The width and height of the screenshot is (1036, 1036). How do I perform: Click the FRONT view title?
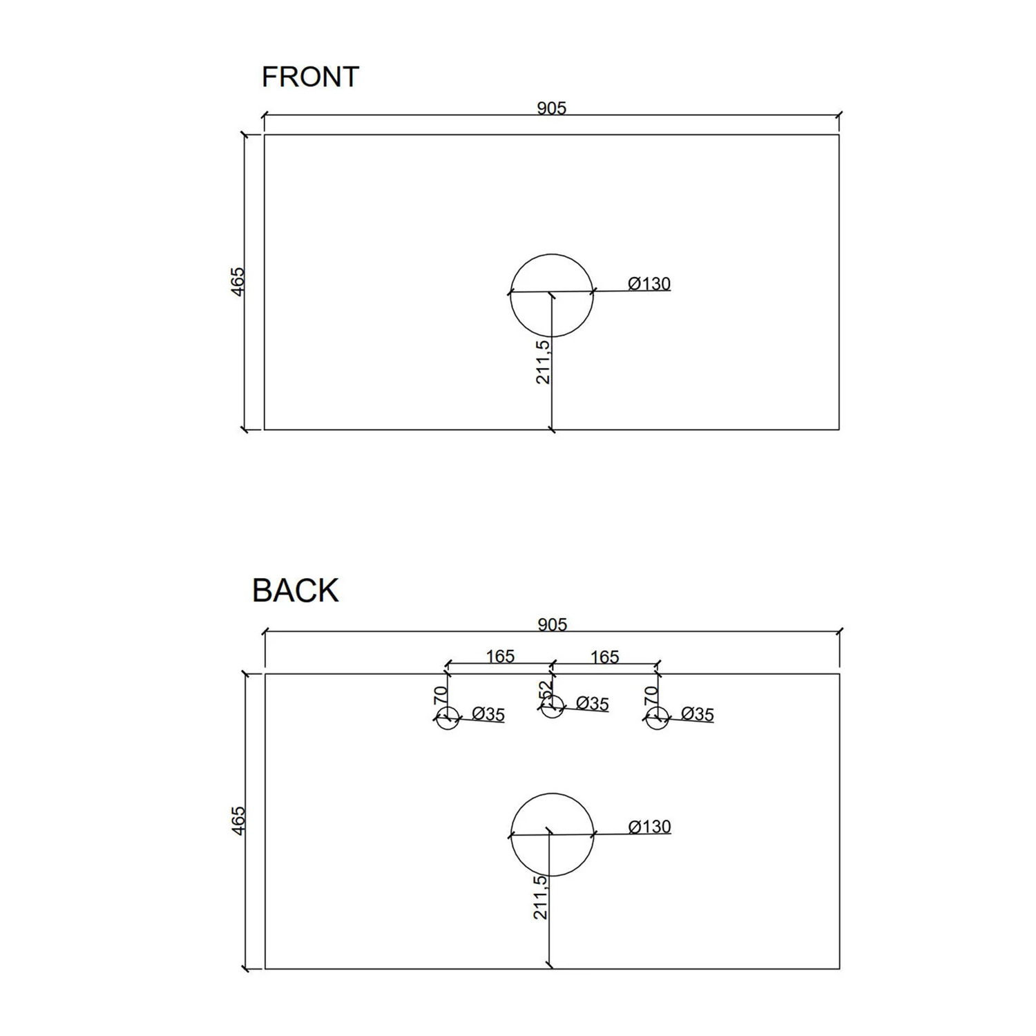point(310,77)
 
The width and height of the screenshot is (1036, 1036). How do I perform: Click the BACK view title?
point(296,591)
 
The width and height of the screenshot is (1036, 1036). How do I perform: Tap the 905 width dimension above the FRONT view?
point(551,108)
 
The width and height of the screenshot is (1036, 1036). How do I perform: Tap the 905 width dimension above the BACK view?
point(552,624)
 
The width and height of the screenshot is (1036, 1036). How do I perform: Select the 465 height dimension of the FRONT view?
point(238,282)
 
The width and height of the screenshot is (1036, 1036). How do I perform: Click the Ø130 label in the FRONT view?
point(649,283)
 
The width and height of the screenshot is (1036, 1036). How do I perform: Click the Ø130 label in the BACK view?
point(649,826)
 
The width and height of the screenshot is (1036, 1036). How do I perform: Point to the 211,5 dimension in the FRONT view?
point(543,362)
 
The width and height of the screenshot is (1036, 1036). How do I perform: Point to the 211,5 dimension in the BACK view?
point(541,897)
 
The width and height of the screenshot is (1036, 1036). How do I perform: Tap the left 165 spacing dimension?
point(500,656)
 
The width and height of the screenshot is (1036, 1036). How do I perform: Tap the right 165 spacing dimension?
point(604,657)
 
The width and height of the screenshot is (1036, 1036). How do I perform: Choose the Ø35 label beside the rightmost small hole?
point(697,714)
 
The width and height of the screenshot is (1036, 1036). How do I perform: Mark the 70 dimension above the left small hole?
point(441,695)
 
